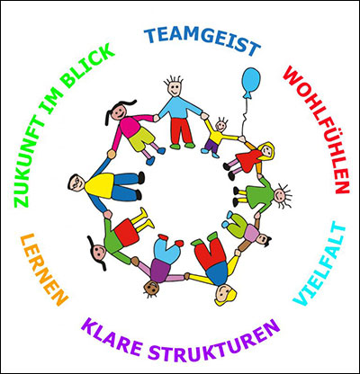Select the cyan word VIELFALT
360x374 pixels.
(320, 263)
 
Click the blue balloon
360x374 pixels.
(251, 82)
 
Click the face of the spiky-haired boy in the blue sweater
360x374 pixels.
(174, 88)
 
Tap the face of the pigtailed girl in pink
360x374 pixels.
(119, 111)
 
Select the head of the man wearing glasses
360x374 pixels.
(76, 183)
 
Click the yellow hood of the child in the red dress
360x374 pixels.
(267, 151)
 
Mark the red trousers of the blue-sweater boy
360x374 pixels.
(180, 130)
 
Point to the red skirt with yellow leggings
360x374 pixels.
(127, 231)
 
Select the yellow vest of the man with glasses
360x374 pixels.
(99, 186)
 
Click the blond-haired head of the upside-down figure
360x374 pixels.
(225, 295)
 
